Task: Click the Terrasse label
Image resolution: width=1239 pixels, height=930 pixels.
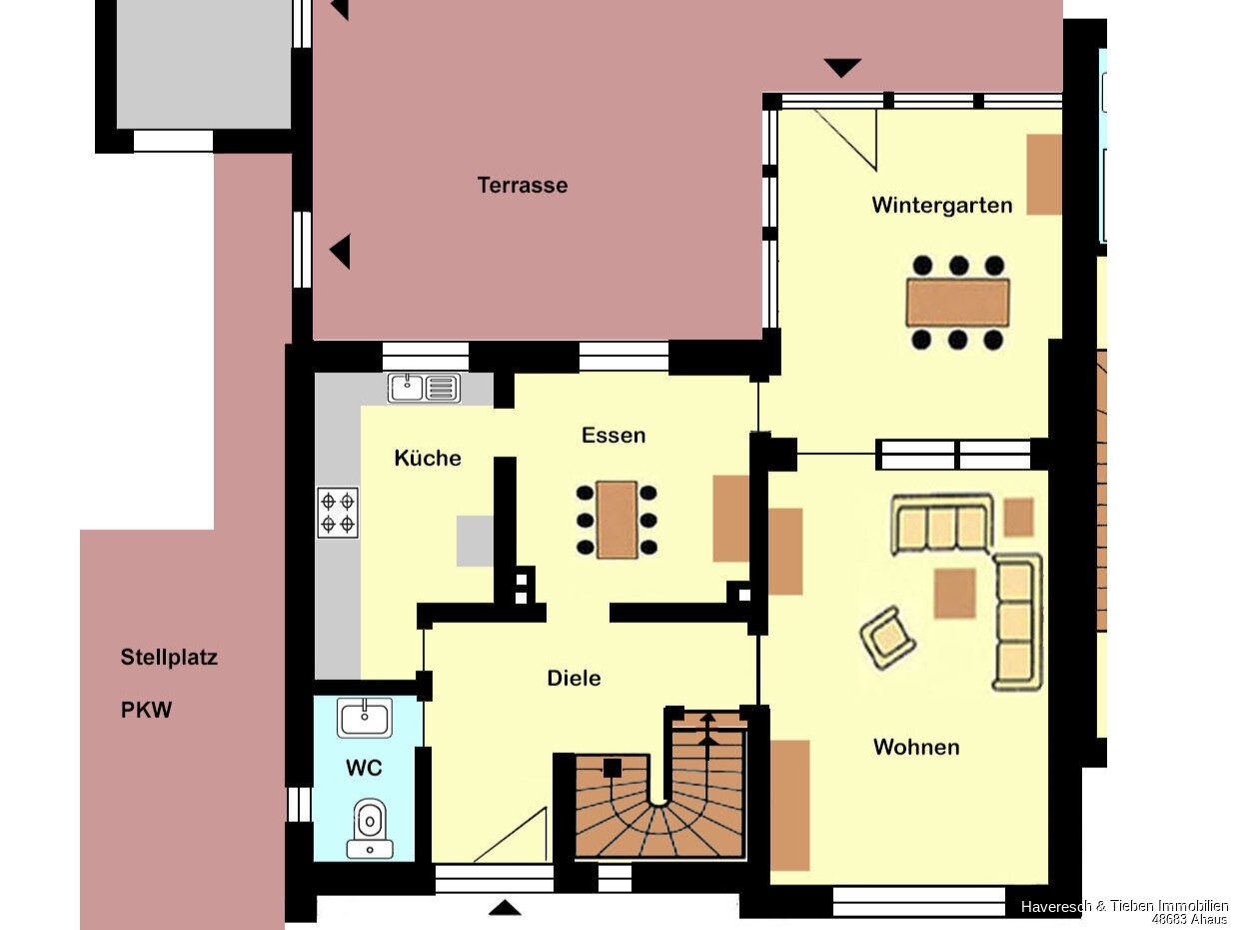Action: pos(523,185)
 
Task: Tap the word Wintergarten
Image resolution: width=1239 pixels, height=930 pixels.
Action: pos(941,206)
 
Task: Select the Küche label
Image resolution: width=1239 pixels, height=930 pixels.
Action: pos(428,458)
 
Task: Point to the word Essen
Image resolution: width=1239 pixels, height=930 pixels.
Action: pos(614,435)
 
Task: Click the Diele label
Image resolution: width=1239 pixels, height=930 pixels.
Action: pos(574,678)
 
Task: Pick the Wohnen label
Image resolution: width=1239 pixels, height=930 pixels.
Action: pos(916,747)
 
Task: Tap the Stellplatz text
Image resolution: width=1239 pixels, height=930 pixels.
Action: pos(169,658)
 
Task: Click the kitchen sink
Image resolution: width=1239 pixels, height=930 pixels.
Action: pos(424,388)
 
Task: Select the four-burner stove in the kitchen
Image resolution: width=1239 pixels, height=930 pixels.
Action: pos(338,513)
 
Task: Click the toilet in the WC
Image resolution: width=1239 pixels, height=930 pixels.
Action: pos(370,828)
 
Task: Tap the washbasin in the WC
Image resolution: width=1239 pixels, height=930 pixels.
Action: pos(364,718)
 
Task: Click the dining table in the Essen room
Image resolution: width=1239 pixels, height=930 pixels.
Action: pos(617,520)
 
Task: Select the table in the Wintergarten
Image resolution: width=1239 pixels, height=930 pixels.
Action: pos(958,302)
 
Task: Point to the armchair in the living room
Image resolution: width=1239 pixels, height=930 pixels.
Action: pos(887,638)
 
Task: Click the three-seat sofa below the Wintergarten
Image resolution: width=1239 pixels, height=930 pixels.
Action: pos(941,524)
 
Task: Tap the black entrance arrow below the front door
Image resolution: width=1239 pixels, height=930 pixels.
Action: pos(504,908)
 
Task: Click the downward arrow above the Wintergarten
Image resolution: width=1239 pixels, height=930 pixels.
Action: pos(842,68)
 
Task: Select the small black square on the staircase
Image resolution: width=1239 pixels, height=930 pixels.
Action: pos(612,768)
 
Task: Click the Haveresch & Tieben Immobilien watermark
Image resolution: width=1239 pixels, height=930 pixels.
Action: pos(1124,907)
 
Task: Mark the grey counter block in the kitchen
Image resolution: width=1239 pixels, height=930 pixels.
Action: pos(475,540)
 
